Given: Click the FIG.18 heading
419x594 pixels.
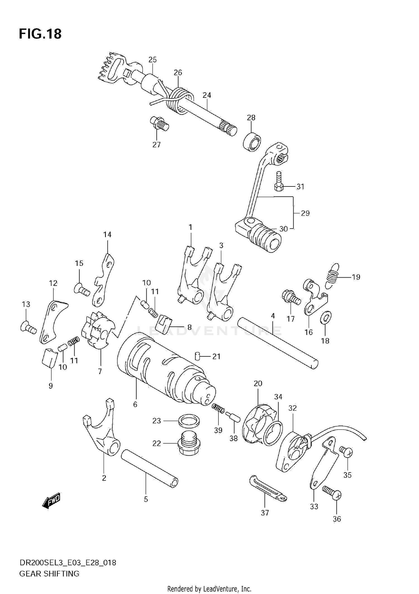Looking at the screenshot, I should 40,34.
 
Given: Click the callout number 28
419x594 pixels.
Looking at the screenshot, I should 251,118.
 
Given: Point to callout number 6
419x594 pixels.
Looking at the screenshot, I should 135,404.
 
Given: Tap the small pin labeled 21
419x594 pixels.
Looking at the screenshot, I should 197,356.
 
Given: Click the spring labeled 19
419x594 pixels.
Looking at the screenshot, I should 332,275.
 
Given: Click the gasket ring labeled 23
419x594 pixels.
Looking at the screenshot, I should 189,420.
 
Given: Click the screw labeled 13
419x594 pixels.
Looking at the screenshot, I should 28,327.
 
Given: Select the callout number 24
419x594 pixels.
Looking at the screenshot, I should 207,95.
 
